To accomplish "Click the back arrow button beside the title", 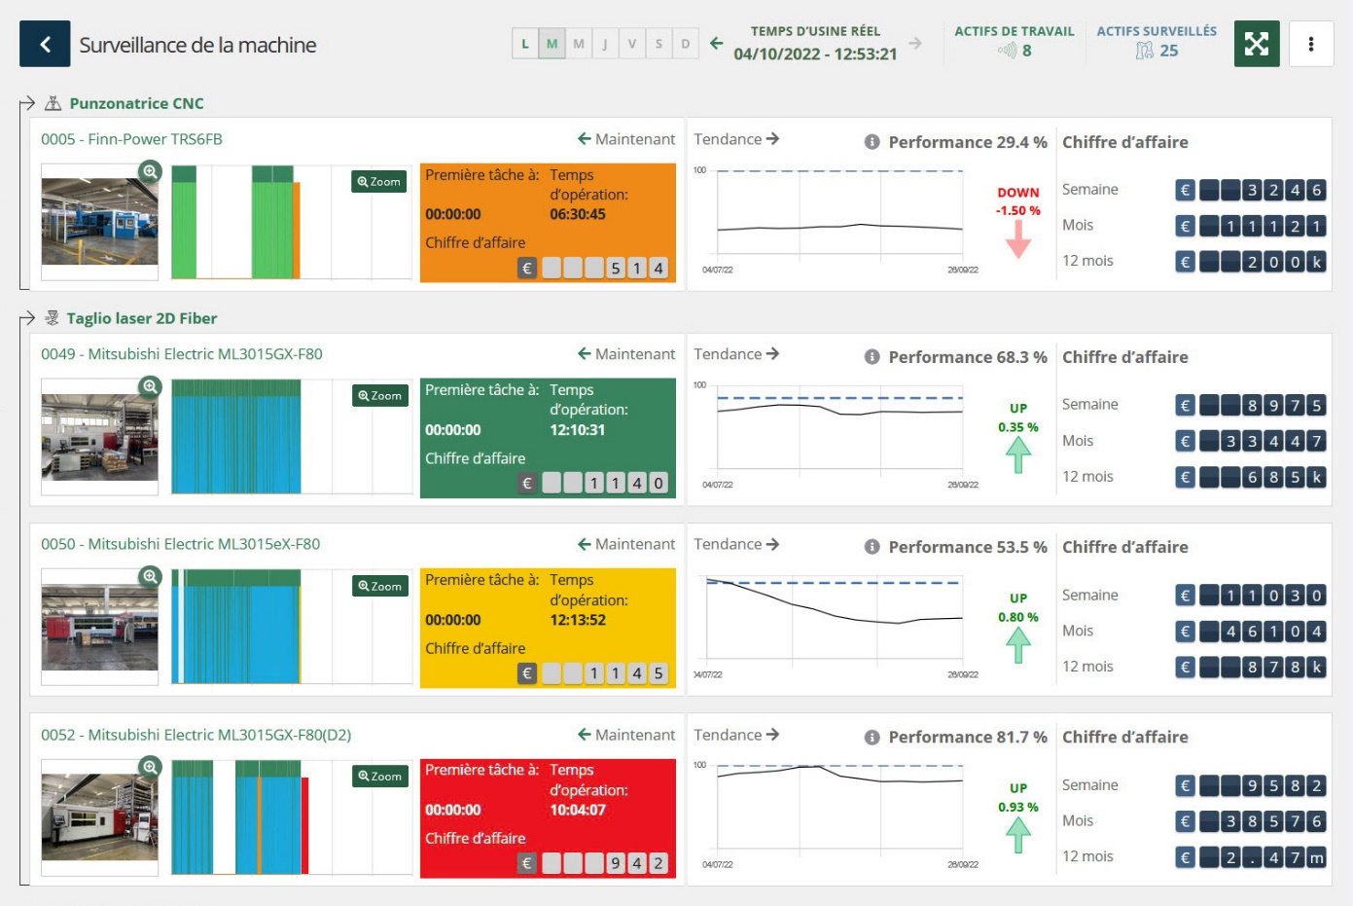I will [x=45, y=44].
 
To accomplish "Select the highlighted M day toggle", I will [x=552, y=44].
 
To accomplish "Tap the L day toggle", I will [x=525, y=44].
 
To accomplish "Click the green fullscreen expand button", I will [x=1256, y=44].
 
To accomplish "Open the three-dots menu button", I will [x=1310, y=44].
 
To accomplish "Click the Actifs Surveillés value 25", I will [x=1168, y=51].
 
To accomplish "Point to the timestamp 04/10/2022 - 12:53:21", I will [x=815, y=54].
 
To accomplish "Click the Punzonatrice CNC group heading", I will [x=136, y=103].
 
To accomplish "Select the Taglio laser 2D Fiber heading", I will [x=141, y=318].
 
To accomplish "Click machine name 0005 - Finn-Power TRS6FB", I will [x=131, y=139].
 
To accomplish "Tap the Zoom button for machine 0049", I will [x=379, y=396].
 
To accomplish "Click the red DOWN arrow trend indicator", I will [x=1017, y=238].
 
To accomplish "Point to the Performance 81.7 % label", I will [x=967, y=738].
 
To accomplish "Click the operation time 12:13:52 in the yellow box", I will [x=578, y=620].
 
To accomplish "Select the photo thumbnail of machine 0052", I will [x=99, y=817].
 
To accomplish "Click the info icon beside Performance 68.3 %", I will [x=872, y=357].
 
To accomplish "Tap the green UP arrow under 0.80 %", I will [x=1017, y=644].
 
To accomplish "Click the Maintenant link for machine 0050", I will [x=626, y=544].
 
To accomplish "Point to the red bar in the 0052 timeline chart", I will [x=304, y=824].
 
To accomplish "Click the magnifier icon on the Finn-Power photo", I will [x=150, y=171].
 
